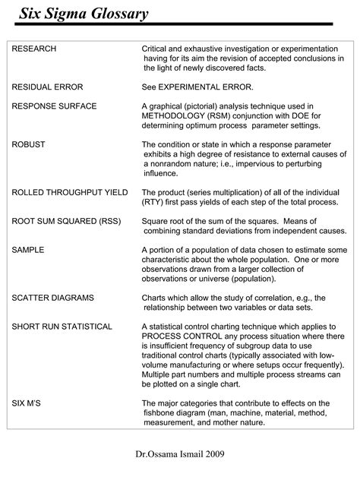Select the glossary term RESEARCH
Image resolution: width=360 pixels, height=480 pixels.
[x=34, y=49]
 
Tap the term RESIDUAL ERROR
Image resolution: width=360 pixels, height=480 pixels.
[x=47, y=87]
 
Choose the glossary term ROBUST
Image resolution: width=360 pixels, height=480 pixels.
[x=29, y=144]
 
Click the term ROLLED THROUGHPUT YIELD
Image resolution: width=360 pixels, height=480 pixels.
[x=70, y=192]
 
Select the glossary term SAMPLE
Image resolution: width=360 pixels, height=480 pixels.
[x=28, y=249]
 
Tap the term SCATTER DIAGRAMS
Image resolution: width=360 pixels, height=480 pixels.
[x=53, y=297]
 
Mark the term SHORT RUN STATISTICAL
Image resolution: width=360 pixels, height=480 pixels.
[x=62, y=326]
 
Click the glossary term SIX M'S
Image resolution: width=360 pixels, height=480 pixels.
[x=28, y=403]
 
